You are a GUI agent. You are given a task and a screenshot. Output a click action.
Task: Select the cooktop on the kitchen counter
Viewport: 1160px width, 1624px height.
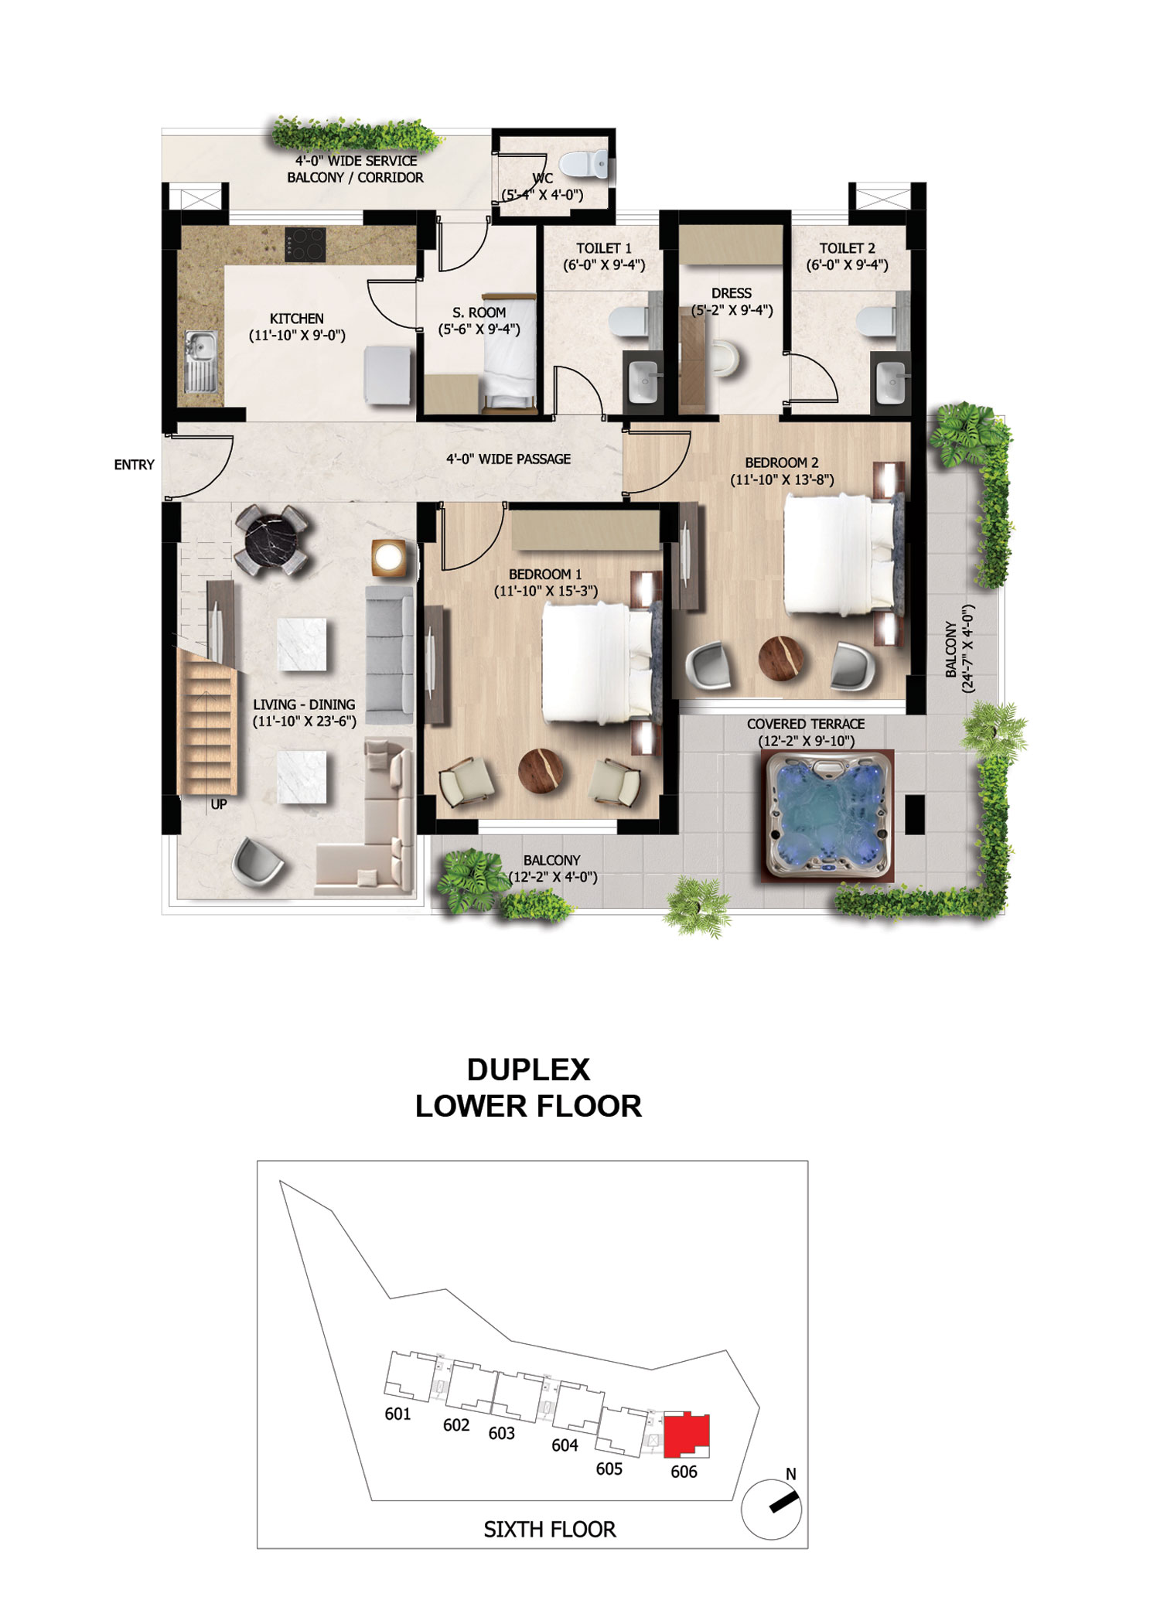point(305,244)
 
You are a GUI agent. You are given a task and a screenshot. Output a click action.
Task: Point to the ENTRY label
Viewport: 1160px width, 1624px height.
point(134,465)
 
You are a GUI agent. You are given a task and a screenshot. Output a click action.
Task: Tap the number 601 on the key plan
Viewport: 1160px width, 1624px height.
point(397,1414)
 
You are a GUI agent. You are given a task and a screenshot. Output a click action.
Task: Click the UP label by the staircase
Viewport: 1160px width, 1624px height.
point(219,804)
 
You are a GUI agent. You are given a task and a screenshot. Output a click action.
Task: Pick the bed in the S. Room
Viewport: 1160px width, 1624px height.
point(509,352)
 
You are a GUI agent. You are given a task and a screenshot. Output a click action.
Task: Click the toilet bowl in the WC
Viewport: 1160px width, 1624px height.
point(584,164)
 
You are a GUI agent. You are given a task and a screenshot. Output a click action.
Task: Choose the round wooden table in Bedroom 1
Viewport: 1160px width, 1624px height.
point(541,771)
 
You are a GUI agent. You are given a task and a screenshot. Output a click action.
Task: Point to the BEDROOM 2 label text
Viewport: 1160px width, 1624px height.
point(782,462)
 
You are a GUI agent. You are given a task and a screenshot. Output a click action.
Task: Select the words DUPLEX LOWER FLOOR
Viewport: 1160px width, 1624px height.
point(529,1087)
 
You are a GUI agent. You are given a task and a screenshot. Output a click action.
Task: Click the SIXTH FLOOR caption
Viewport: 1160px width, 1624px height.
point(550,1529)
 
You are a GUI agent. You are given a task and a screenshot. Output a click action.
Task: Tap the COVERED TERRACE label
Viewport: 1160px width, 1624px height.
point(806,724)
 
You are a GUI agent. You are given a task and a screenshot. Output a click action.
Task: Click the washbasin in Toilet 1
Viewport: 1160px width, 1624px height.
point(644,380)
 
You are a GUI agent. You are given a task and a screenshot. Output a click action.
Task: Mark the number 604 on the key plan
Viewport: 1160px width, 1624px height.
point(565,1445)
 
